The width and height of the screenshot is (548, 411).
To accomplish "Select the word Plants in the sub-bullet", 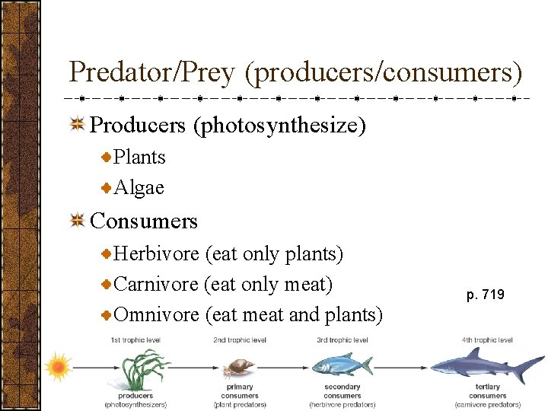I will pyautogui.click(x=139, y=158).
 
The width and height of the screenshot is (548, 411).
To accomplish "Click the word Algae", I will pyautogui.click(x=139, y=188).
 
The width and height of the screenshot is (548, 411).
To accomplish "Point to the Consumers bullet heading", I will pyautogui.click(x=143, y=221).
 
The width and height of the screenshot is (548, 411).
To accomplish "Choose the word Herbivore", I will pyautogui.click(x=157, y=253).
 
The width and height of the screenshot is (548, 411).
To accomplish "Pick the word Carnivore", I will pyautogui.click(x=156, y=285).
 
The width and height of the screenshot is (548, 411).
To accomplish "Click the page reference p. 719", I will pyautogui.click(x=486, y=295).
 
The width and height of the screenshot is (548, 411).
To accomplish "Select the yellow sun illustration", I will pyautogui.click(x=58, y=367).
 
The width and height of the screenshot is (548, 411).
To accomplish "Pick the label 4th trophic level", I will pyautogui.click(x=487, y=339).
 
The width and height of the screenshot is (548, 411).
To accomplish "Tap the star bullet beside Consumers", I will pyautogui.click(x=76, y=221).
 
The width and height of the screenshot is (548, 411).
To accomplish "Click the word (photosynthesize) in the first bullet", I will pyautogui.click(x=280, y=125).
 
